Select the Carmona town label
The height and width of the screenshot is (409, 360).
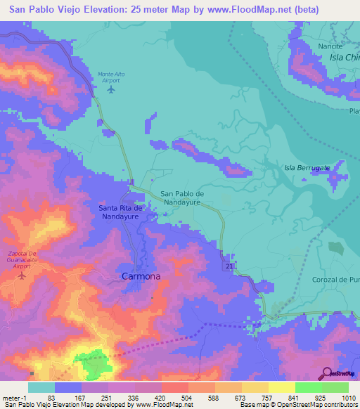[x=141, y=276]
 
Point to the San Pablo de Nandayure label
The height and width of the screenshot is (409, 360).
[x=192, y=197]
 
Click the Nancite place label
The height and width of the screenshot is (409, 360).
[x=330, y=46]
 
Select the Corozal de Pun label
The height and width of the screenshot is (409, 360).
[x=335, y=279]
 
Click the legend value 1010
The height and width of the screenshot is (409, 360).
[x=349, y=397]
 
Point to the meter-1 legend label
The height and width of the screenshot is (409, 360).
[x=14, y=397]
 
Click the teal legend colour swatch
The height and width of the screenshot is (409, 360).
[x=41, y=387]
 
